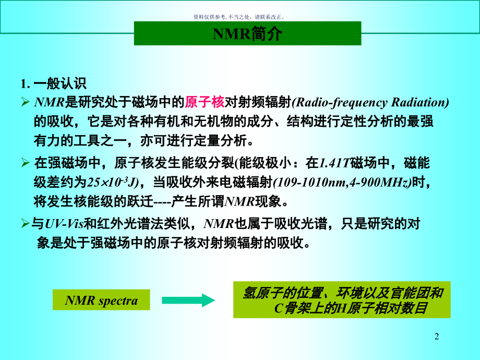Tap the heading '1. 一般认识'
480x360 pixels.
pyautogui.click(x=54, y=83)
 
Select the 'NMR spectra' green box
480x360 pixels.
pyautogui.click(x=101, y=301)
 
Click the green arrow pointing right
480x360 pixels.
pyautogui.click(x=188, y=301)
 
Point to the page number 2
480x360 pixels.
pyautogui.click(x=437, y=337)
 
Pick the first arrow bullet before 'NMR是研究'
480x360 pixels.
pyautogui.click(x=26, y=102)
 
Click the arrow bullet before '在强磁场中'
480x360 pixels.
pyautogui.click(x=26, y=164)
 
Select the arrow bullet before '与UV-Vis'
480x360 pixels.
pyautogui.click(x=26, y=225)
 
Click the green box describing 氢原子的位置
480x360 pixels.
pyautogui.click(x=342, y=301)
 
